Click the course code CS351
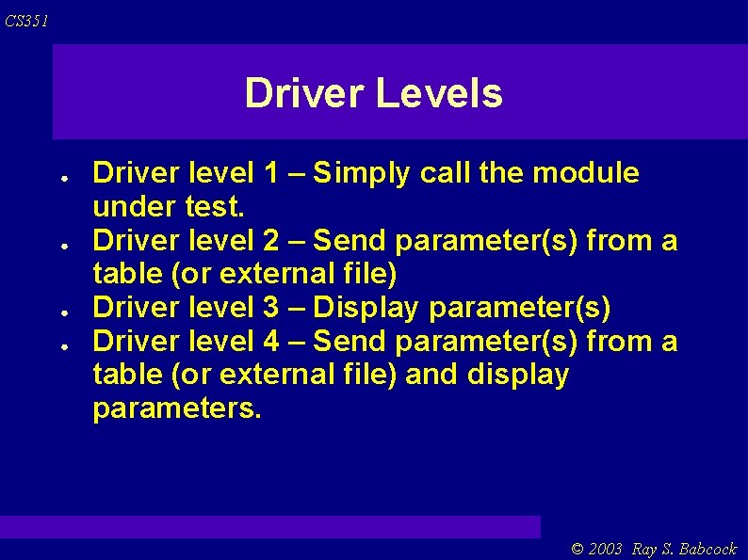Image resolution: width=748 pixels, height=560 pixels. coord(25,21)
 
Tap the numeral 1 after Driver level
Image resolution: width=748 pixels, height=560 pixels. coord(271,173)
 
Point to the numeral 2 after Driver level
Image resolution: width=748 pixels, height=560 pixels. coord(271,242)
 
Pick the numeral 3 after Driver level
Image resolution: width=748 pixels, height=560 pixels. coord(271,308)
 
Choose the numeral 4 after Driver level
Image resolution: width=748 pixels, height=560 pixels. coord(271,341)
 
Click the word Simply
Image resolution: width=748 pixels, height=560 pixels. coord(363,173)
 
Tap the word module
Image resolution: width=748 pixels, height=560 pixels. coord(586,173)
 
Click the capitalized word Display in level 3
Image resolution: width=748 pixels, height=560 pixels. coord(366,308)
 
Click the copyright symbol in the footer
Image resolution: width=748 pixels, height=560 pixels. coord(577,549)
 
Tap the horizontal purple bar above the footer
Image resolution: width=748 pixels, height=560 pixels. coord(270,526)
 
